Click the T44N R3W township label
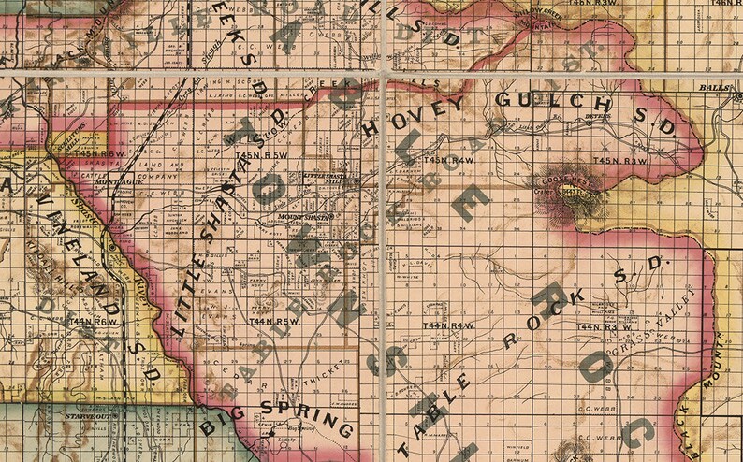click(x=599, y=326)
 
